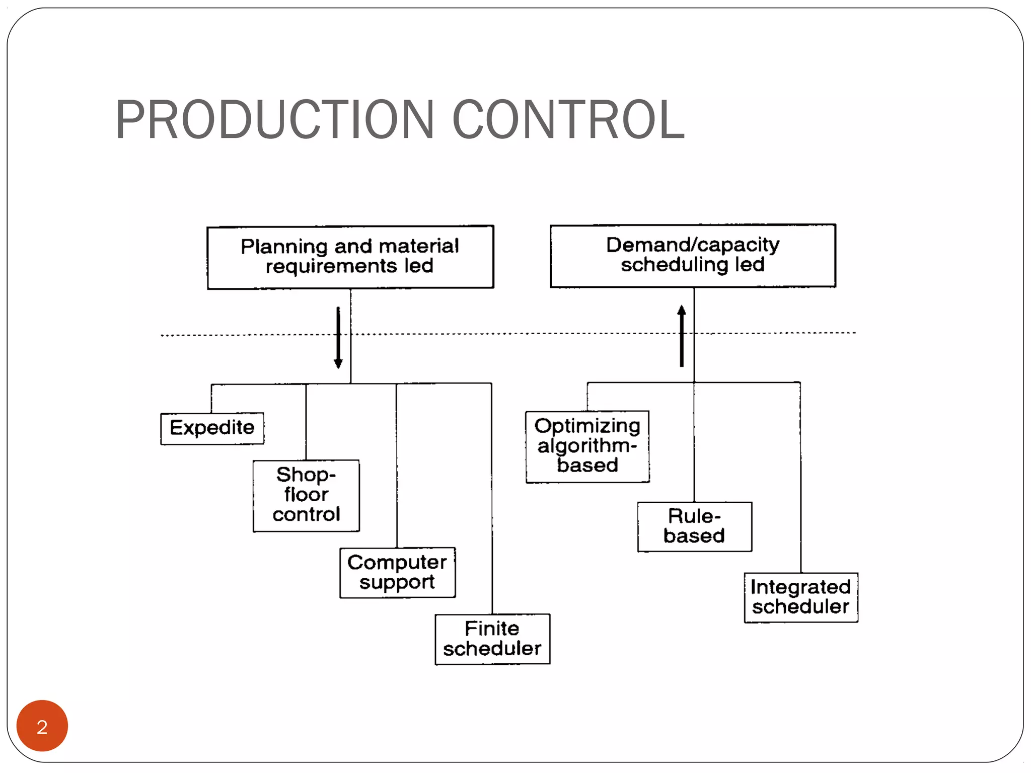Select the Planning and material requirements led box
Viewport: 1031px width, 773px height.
tap(350, 257)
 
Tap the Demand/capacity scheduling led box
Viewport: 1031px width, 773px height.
tap(693, 256)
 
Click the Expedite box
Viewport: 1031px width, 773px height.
tap(212, 428)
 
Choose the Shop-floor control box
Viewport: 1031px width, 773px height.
tap(306, 495)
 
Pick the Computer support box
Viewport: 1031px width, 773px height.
tap(397, 572)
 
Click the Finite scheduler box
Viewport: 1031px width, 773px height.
tap(492, 639)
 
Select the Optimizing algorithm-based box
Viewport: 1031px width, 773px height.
tap(587, 446)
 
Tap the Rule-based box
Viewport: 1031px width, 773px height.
tap(694, 526)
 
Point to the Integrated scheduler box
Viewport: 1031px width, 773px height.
tap(800, 597)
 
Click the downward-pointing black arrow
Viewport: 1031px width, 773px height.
tap(338, 338)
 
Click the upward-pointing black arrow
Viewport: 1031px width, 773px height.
tap(682, 336)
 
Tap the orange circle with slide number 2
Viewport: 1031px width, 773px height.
tap(42, 725)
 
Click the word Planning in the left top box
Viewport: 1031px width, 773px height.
tap(284, 247)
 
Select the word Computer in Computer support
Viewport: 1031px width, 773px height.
tap(397, 562)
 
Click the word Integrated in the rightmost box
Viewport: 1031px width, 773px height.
tap(800, 587)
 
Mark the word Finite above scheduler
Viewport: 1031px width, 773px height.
tap(491, 629)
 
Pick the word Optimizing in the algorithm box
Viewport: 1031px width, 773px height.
tap(587, 426)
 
